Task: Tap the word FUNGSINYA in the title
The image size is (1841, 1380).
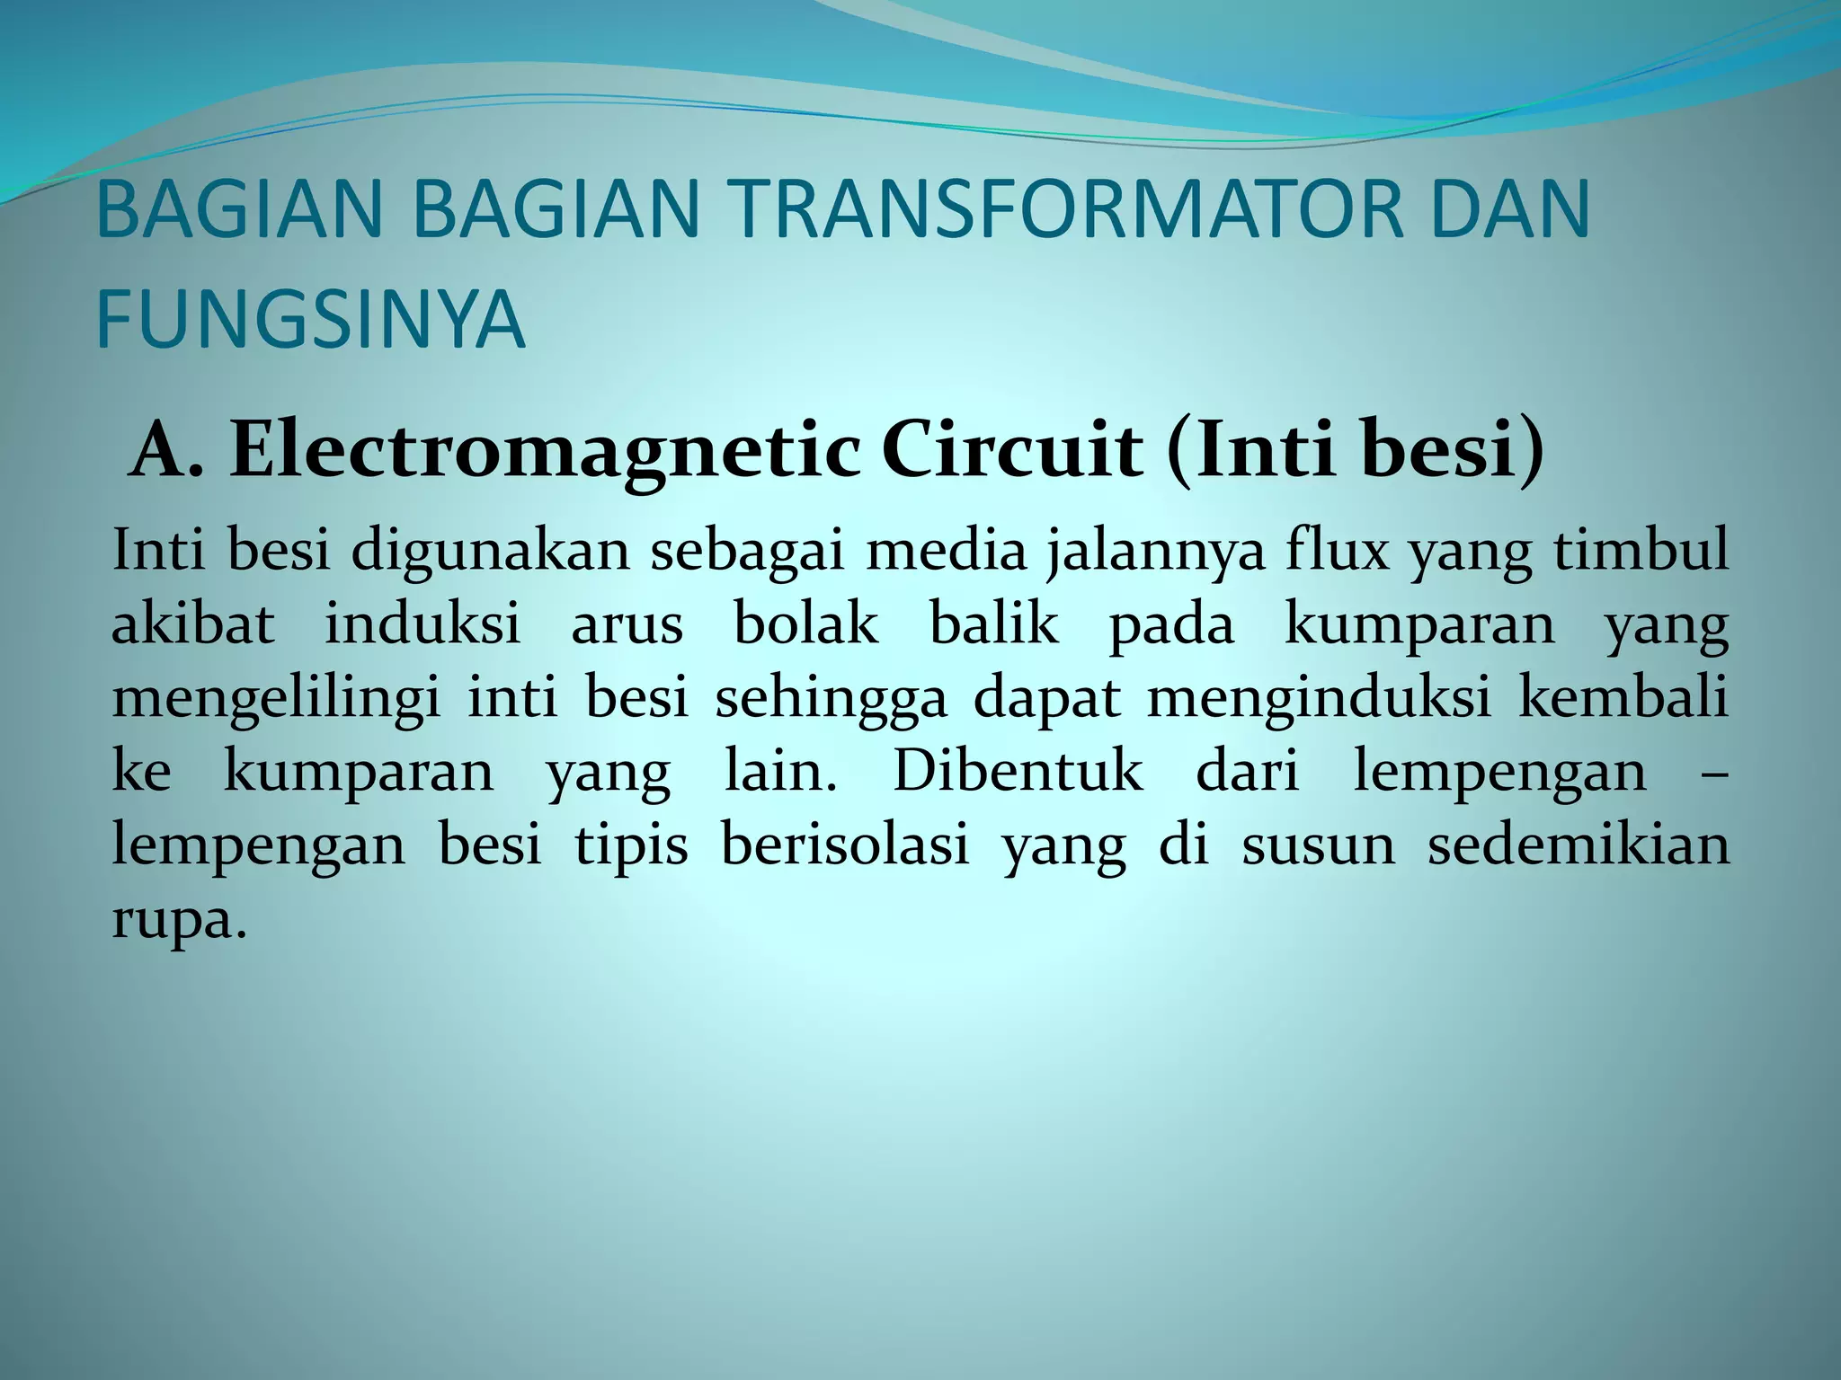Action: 309,318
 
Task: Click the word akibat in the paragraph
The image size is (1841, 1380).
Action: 192,624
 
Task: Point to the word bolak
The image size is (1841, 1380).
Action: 805,624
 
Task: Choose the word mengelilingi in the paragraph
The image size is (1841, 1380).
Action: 276,699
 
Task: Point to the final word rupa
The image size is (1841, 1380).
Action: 176,922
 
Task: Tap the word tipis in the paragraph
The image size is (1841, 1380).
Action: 631,846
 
